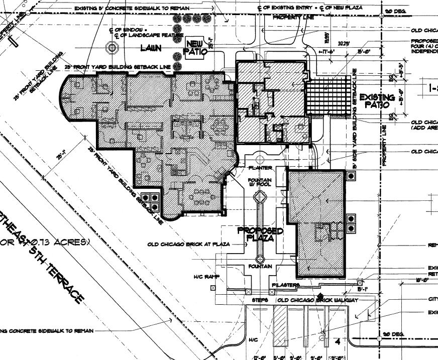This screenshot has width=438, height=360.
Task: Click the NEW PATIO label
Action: (x=194, y=47)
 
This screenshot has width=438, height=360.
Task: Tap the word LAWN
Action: (x=150, y=48)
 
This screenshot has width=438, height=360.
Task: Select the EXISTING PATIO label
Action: (x=377, y=100)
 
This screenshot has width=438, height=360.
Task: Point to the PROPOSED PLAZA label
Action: (x=260, y=234)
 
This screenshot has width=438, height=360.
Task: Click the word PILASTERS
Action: (x=286, y=285)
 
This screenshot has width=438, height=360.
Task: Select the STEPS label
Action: (x=259, y=300)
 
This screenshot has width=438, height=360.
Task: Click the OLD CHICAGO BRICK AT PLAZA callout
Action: (x=188, y=245)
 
